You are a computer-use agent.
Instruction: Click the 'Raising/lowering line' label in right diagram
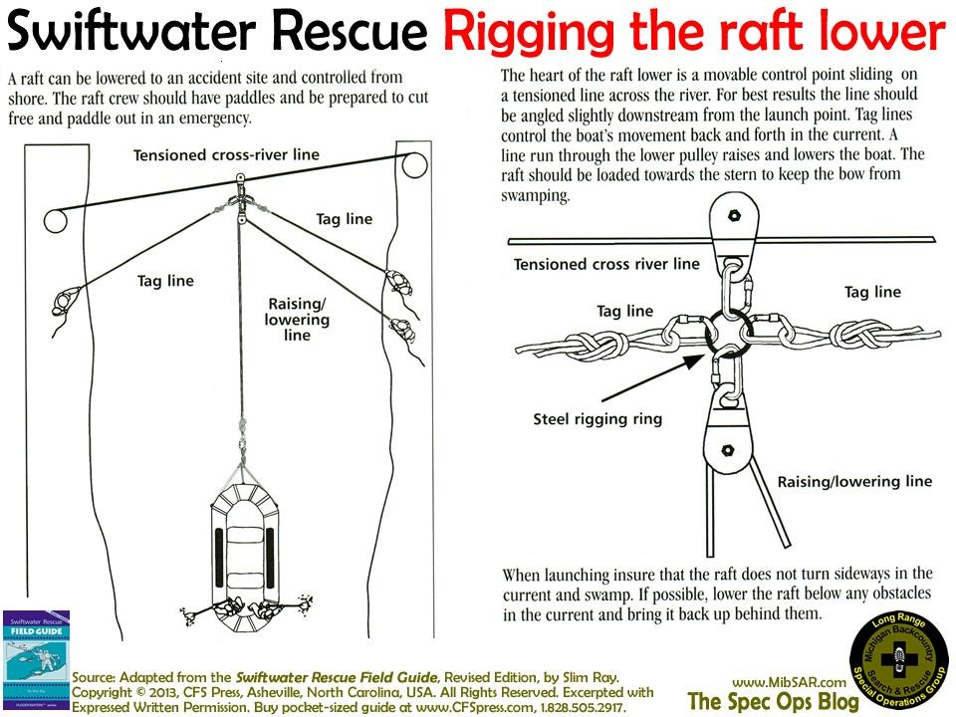pyautogui.click(x=854, y=481)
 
